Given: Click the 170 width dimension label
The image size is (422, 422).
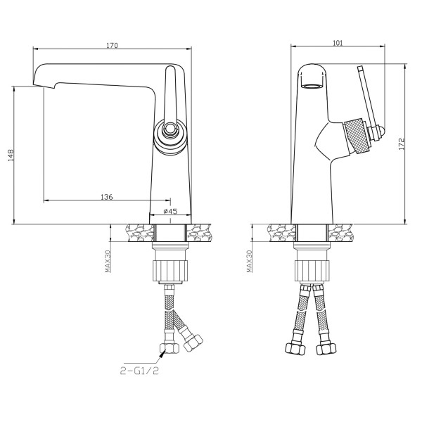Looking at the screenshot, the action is click(112, 45).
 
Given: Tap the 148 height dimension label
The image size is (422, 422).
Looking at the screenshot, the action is click(11, 155).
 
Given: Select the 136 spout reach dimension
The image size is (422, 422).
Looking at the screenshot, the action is click(107, 197).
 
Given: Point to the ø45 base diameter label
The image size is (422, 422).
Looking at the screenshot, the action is click(171, 211).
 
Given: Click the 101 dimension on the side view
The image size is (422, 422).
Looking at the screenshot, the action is click(338, 43).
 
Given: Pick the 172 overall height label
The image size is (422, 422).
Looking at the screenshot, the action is click(402, 144).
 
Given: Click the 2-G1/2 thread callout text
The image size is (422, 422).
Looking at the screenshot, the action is click(139, 371).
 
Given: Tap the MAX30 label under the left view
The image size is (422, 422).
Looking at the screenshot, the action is click(108, 261).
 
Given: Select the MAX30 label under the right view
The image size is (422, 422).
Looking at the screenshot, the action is click(250, 261).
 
